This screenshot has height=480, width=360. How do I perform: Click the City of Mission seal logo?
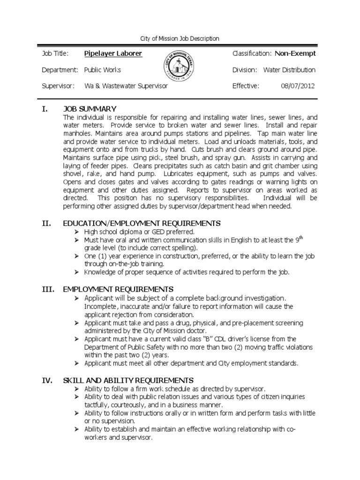click(x=180, y=69)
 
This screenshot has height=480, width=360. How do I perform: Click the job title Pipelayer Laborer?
click(x=113, y=53)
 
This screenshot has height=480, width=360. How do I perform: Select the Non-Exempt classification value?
click(x=295, y=53)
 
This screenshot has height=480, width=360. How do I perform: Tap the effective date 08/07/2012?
click(x=298, y=86)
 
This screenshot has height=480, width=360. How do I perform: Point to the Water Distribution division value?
click(x=289, y=70)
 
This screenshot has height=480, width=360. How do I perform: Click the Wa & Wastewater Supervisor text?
click(x=126, y=86)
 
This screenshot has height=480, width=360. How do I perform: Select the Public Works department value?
click(x=102, y=70)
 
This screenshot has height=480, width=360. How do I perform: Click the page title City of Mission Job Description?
click(x=180, y=38)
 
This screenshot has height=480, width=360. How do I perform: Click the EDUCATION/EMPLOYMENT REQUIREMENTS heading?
click(x=141, y=223)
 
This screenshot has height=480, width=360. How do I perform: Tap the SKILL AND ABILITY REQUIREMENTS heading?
click(x=128, y=380)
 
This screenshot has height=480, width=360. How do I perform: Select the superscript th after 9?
click(x=301, y=238)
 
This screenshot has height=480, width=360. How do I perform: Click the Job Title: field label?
click(x=55, y=53)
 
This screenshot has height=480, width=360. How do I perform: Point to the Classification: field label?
click(x=252, y=53)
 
